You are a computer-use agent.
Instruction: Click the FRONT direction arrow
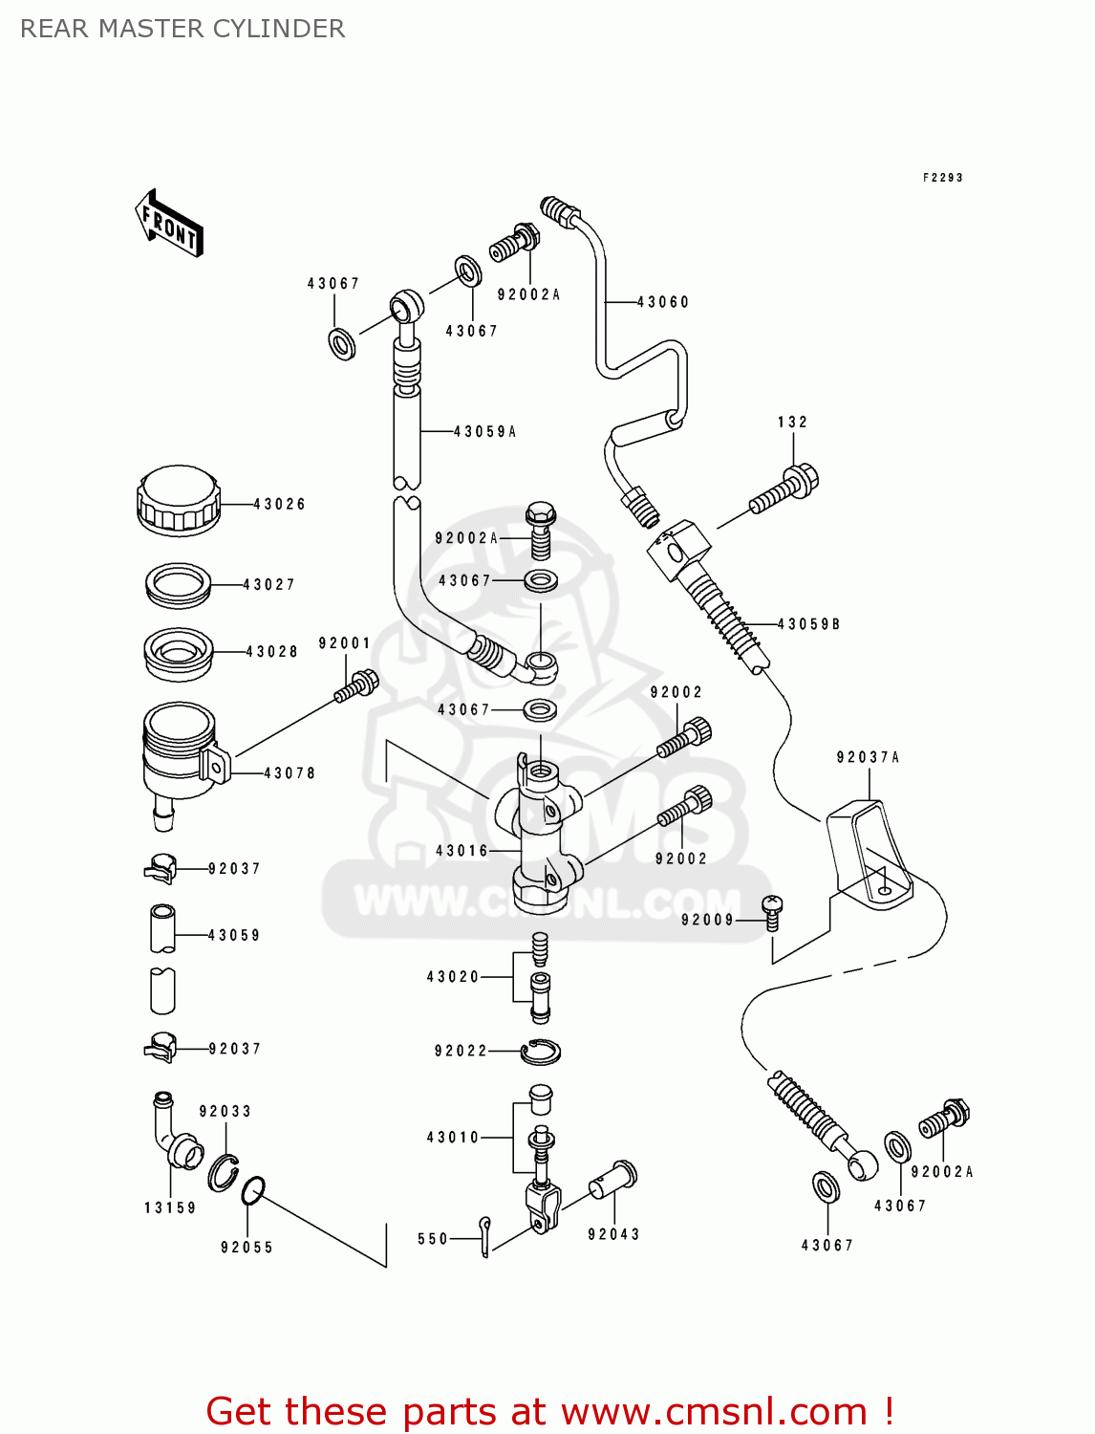click(169, 222)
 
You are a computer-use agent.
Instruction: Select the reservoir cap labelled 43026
click(179, 501)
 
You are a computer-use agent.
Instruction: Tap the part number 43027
click(269, 584)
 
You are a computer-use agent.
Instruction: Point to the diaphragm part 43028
click(178, 654)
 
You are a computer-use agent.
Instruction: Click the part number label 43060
click(663, 302)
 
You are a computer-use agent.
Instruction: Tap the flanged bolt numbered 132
click(784, 488)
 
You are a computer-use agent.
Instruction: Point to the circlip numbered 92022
click(541, 1052)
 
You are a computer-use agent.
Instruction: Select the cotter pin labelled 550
click(485, 1237)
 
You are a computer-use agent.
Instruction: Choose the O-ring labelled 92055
click(253, 1191)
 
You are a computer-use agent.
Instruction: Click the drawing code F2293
click(942, 178)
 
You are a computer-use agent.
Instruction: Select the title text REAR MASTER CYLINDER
click(182, 29)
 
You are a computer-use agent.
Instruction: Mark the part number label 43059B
click(808, 624)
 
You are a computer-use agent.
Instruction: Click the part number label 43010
click(453, 1138)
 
